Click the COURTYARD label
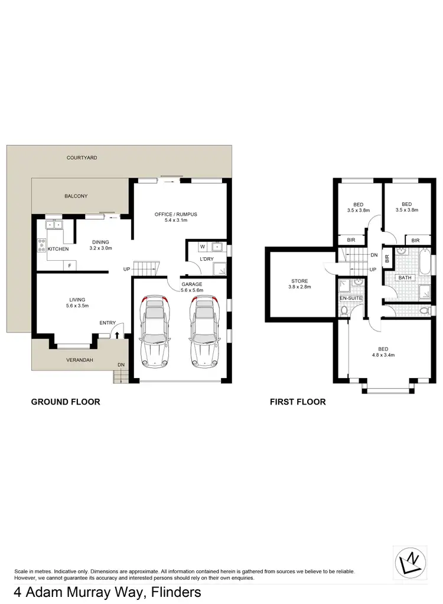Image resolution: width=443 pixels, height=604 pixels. [82, 158]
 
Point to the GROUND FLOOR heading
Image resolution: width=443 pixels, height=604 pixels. [66, 402]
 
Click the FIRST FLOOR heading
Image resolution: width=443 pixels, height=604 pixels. [298, 402]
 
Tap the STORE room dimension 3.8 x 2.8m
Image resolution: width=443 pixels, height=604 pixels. [299, 287]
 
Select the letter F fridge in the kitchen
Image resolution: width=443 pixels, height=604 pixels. [70, 265]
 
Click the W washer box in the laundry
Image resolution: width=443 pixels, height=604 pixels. [203, 247]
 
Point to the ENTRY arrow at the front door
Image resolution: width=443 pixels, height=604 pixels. [116, 334]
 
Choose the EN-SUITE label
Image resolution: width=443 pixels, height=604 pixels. [350, 298]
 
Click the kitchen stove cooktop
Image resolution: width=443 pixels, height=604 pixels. [42, 245]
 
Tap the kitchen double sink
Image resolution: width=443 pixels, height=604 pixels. [54, 224]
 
